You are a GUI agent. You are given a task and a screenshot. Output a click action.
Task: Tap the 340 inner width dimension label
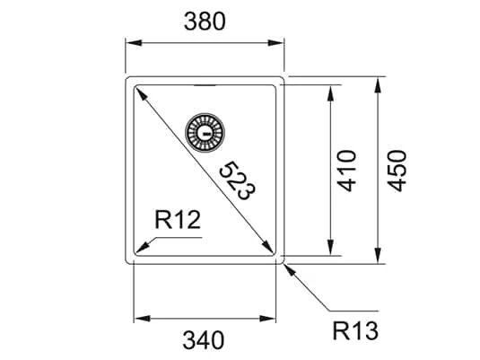coord(205,340)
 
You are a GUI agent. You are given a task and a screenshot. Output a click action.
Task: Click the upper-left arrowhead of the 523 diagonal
coord(140,92)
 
